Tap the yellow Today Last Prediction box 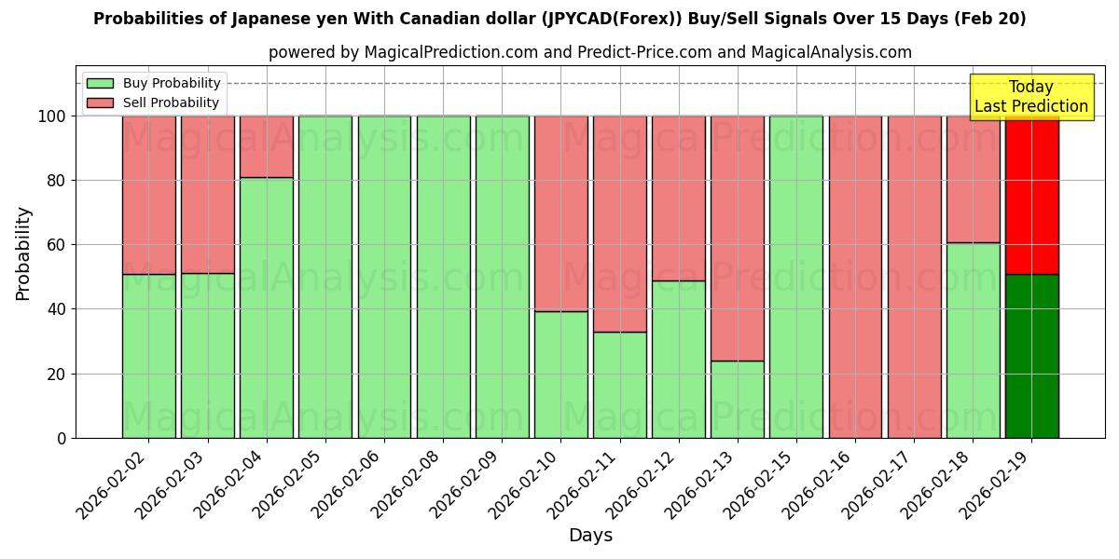(1030, 97)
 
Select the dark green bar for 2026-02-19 (1031, 356)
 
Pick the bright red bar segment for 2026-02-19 (1031, 195)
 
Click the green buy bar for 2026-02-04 (267, 307)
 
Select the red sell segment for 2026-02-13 (737, 238)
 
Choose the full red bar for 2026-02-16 (855, 277)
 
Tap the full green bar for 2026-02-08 (443, 277)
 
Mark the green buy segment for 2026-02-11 (619, 385)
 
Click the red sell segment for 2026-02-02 (149, 195)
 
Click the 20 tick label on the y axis (58, 375)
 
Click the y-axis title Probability (23, 253)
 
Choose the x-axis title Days (590, 536)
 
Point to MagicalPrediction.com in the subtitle (439, 52)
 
